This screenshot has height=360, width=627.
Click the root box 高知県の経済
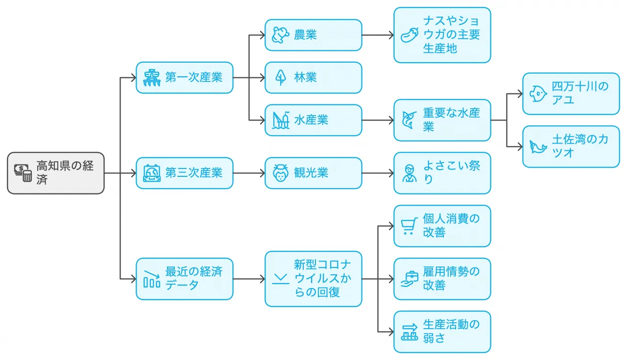56,173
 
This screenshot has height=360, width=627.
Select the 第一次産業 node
184,77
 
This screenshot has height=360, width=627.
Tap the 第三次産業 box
184,173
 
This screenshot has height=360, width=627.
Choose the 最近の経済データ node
184,279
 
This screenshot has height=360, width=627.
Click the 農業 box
313,35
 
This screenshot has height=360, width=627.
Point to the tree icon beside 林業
281,77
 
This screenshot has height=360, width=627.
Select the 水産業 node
313,120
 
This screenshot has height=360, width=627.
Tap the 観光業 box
313,173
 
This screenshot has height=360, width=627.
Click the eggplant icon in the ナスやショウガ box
409,35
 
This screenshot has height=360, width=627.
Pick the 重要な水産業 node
442,120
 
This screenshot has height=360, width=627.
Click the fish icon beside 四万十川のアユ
538,94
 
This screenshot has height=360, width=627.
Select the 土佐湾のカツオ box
571,146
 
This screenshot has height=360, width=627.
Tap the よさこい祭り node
442,173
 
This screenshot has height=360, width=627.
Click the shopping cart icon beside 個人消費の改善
409,226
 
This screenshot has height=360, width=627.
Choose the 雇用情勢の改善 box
442,279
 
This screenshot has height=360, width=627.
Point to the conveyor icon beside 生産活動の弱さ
409,332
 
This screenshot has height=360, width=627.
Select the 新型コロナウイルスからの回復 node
313,279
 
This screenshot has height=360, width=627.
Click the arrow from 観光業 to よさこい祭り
378,173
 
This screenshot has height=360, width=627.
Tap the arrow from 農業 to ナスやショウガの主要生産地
378,35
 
